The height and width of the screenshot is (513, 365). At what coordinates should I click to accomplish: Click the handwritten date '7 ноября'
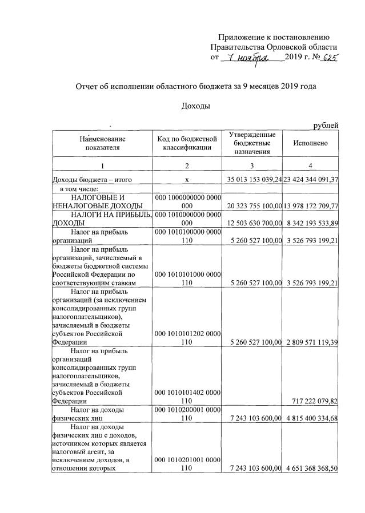tap(248, 58)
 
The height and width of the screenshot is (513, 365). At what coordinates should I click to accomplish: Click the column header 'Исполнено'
tap(311, 144)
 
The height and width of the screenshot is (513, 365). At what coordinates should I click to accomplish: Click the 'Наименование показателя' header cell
tap(103, 143)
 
